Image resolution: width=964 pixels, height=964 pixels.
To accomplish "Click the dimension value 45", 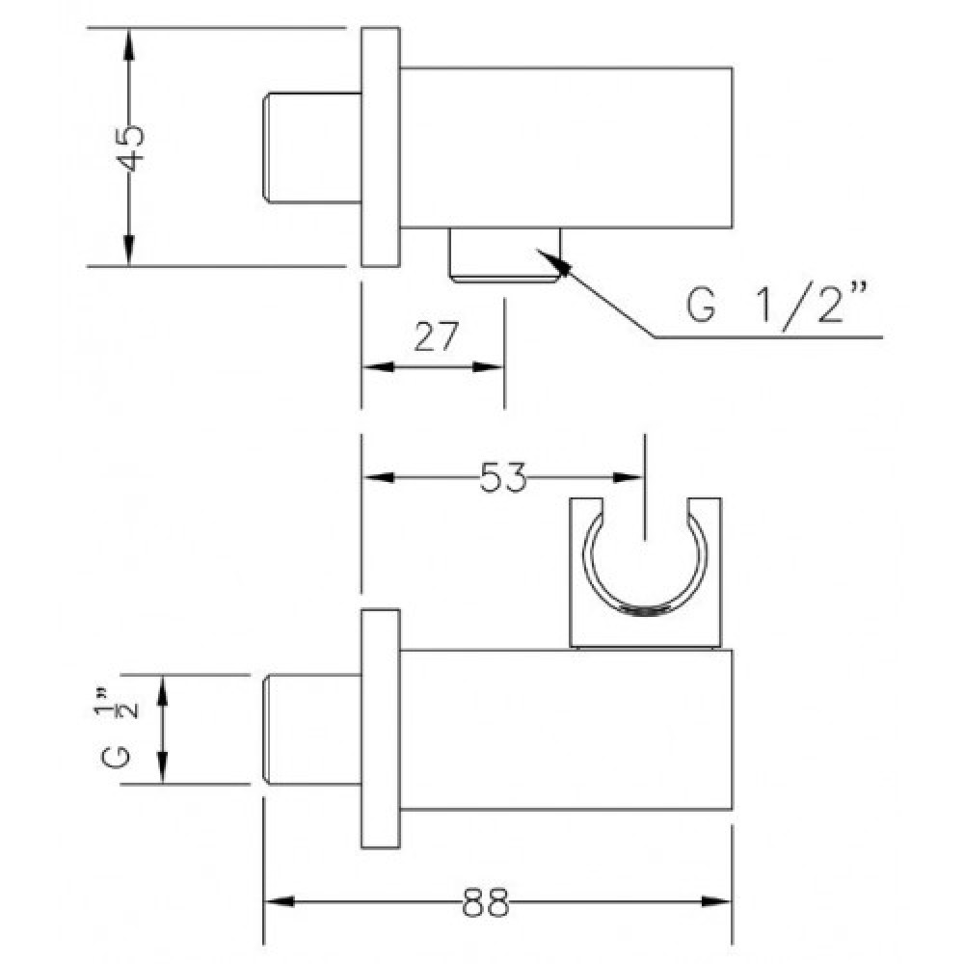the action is coord(130,148).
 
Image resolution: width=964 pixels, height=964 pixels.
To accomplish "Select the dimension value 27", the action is coord(437,336).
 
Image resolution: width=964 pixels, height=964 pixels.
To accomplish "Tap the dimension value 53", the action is coord(503,478).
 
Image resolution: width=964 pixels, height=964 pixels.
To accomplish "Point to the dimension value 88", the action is coord(486,902).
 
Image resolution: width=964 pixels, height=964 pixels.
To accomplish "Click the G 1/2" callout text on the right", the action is coord(778,303).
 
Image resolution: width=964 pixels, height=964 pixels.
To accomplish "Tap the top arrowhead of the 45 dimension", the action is coord(128,43).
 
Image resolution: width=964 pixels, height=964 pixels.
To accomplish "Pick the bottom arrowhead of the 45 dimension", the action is coord(128,251).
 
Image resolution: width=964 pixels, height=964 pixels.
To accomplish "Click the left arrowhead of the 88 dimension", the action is coord(279,902).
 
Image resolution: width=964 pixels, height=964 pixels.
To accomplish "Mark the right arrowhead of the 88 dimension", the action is coord(717,902).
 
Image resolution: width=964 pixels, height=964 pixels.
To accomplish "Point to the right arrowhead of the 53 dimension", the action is coord(629,478).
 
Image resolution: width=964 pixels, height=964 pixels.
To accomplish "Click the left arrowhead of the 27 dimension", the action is coord(378,367).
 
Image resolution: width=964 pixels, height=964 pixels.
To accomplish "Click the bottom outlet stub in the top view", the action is coord(505,254).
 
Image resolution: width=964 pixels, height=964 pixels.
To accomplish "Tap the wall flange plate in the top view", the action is coord(381,147).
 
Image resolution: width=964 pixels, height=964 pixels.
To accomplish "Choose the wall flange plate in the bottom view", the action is coord(381,729).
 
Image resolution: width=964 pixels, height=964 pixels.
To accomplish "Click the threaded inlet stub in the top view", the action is coord(312,147).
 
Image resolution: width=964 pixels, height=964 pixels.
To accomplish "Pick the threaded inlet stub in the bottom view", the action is coord(312,729).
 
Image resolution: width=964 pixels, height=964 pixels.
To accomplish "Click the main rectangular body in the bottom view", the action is coord(566,730).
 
